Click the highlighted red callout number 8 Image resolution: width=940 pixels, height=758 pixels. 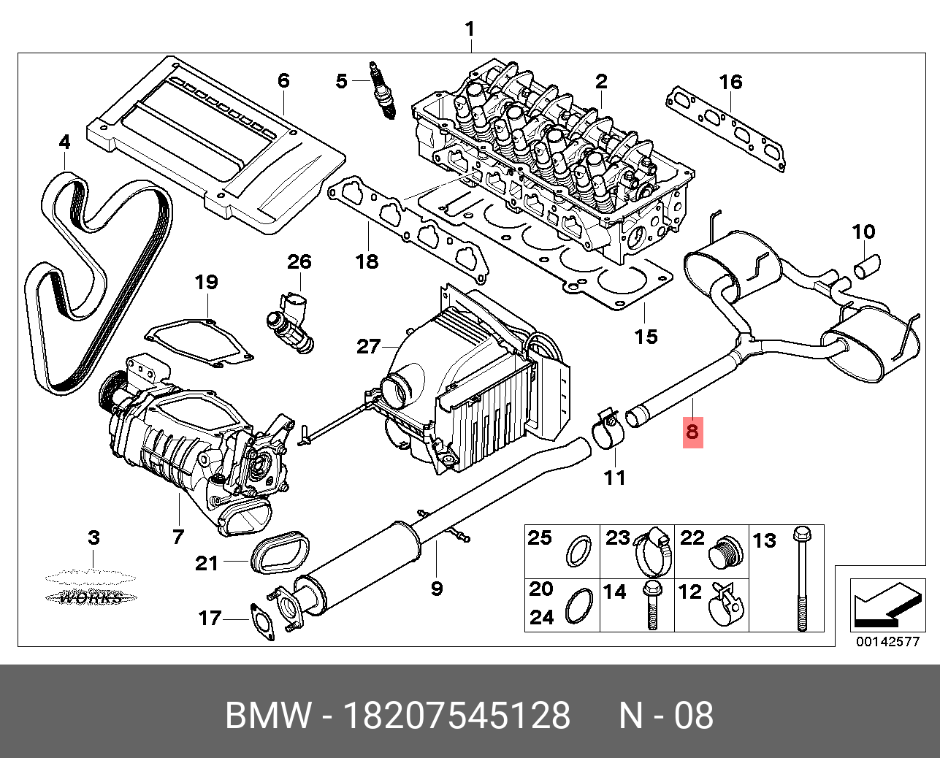[x=692, y=431]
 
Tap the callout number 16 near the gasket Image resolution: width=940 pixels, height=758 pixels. [x=730, y=82]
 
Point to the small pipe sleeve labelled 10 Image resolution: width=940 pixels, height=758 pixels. [x=868, y=264]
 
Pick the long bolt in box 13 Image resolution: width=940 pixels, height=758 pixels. [x=803, y=577]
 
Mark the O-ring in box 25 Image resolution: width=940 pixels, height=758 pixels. [x=580, y=551]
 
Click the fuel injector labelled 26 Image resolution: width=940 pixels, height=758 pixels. [x=292, y=321]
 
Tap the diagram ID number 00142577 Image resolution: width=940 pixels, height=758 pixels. [x=887, y=642]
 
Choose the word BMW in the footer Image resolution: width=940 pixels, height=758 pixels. [x=268, y=716]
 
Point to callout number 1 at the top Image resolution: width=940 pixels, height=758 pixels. [x=470, y=30]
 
